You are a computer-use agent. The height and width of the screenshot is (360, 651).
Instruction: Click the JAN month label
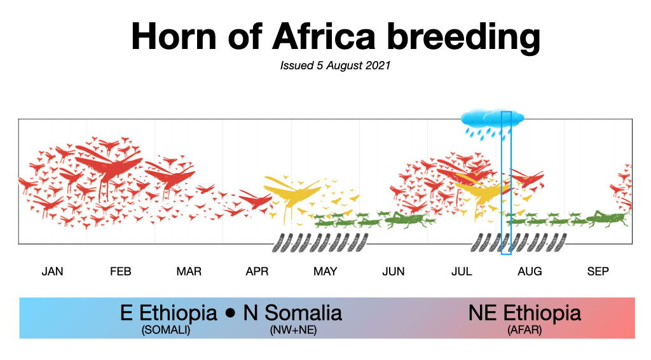[x=52, y=272]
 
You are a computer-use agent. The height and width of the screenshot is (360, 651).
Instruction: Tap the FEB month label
[x=120, y=272]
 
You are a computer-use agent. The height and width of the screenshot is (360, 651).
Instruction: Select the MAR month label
[x=189, y=272]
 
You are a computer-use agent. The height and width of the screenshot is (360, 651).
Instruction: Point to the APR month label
[x=257, y=272]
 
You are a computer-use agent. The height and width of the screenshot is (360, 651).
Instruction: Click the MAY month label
[x=325, y=272]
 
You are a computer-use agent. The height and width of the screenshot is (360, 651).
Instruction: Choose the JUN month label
[x=394, y=272]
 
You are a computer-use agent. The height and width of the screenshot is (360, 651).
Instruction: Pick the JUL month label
[x=462, y=272]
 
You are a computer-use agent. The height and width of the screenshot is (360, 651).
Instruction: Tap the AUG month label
[x=530, y=272]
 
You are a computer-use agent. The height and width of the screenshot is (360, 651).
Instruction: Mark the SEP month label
[x=598, y=272]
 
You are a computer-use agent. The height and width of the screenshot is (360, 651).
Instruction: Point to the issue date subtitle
[x=335, y=66]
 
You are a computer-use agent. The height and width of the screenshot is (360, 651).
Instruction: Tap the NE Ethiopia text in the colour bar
[x=524, y=313]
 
